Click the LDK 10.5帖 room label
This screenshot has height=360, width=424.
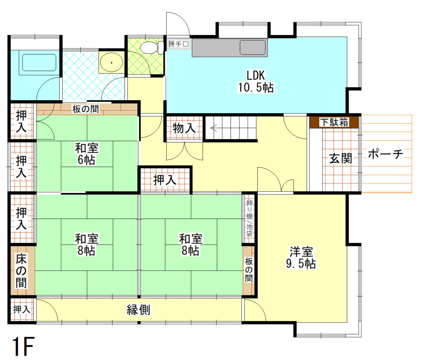click(x=255, y=81)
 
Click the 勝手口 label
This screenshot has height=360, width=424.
click(x=178, y=44)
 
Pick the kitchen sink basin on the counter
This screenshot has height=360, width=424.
click(x=253, y=47)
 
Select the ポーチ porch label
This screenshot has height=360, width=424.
click(x=385, y=155)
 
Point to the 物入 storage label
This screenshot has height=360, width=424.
click(x=184, y=128)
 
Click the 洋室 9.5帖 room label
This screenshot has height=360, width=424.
click(x=301, y=257)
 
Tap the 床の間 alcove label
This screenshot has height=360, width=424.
click(x=22, y=271)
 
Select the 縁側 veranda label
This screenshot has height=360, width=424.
click(x=138, y=309)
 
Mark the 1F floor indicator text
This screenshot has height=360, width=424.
click(x=22, y=346)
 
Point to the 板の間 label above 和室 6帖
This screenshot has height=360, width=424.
click(x=86, y=109)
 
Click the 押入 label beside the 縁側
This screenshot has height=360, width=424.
click(x=22, y=309)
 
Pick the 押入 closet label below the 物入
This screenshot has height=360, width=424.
click(x=165, y=180)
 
